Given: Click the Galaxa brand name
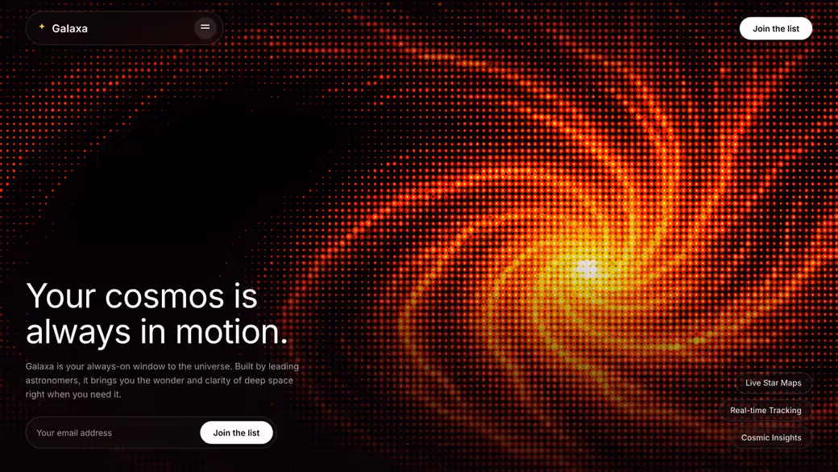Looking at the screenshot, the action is click(69, 28).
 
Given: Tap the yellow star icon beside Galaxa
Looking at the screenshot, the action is click(42, 26).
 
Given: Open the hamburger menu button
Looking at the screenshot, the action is click(205, 27).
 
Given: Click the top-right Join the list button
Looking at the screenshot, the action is click(776, 29).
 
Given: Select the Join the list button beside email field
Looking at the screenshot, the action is click(236, 432).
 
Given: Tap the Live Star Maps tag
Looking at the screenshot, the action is click(774, 382).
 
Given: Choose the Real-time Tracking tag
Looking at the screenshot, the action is click(765, 410).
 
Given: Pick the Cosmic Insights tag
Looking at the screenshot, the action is click(771, 437).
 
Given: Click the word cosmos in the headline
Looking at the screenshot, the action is click(164, 296).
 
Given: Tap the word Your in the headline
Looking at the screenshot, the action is click(61, 296).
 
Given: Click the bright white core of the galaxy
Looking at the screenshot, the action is click(588, 269).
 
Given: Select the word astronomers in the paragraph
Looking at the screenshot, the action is click(52, 381).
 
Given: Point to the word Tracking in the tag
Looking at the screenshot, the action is click(785, 411).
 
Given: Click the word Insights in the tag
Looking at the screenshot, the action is click(786, 438).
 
